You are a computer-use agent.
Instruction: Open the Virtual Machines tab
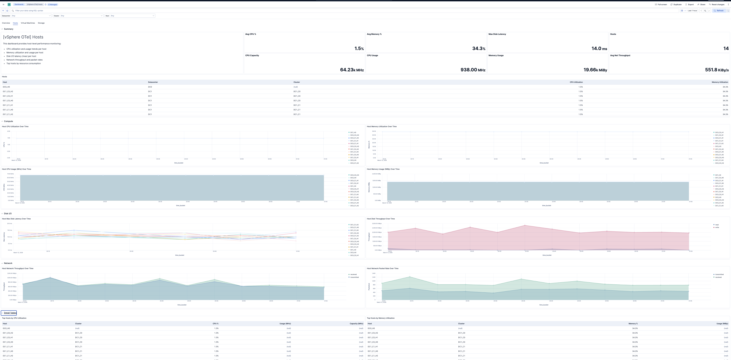[x=28, y=23]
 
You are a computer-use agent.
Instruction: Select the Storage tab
[x=41, y=23]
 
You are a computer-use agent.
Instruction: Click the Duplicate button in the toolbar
[x=676, y=5]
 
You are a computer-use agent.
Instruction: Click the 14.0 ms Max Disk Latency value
[x=599, y=49]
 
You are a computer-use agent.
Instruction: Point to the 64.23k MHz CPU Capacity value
[x=352, y=70]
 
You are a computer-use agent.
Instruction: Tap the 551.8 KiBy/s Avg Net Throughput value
[x=717, y=70]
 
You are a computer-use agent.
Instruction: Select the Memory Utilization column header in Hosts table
[x=719, y=82]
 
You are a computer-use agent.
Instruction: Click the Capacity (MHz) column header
[x=356, y=324]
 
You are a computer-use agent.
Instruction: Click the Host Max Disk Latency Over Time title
[x=16, y=219]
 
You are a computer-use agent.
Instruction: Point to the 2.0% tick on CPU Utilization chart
[x=9, y=131]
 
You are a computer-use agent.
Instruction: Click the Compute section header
[x=8, y=121]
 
